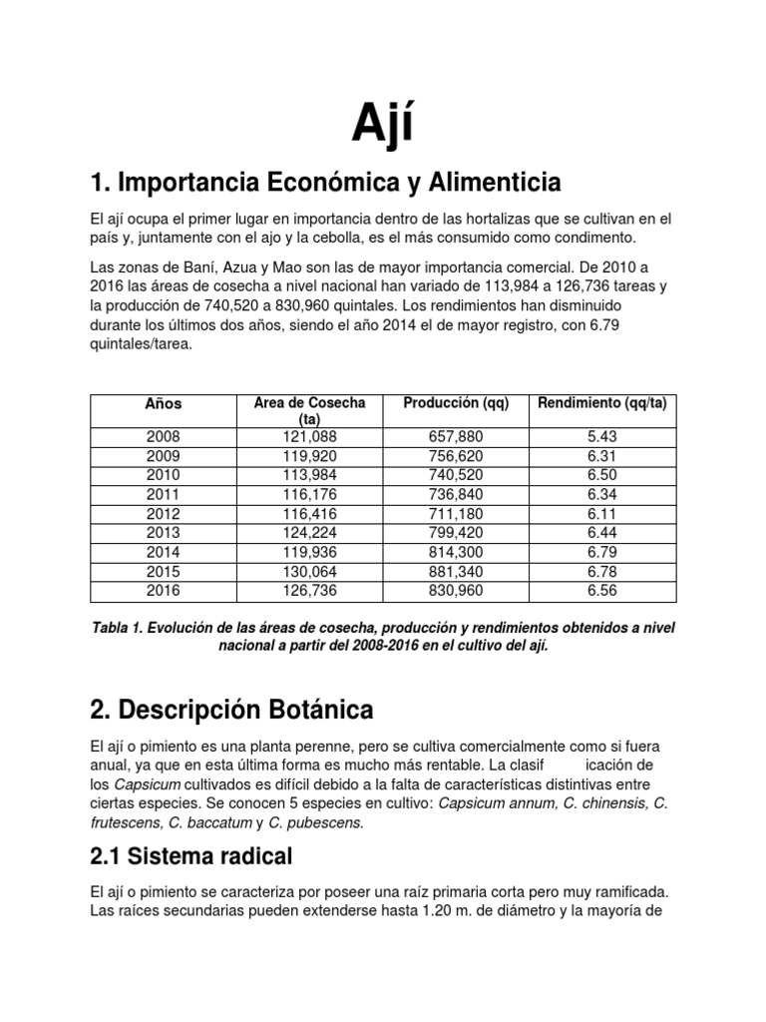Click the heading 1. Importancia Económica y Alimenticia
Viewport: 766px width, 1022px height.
click(x=325, y=183)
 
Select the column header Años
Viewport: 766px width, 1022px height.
click(x=164, y=404)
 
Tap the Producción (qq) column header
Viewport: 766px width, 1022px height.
click(x=456, y=403)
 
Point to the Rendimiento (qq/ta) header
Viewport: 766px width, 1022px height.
click(x=601, y=403)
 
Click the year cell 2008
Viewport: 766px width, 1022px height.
click(x=164, y=437)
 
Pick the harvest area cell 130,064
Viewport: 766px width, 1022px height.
click(x=310, y=574)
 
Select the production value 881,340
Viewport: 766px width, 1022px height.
click(x=456, y=574)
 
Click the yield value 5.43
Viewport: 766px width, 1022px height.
click(x=602, y=437)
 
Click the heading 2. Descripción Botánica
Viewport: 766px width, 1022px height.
click(x=231, y=711)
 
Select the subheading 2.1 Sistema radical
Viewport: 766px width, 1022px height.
click(x=191, y=855)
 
